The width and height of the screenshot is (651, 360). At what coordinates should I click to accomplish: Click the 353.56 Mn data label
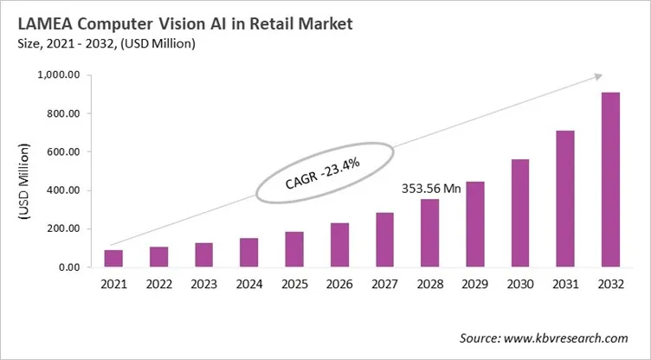coord(429,187)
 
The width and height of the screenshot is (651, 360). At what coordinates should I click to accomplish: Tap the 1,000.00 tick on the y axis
coord(59,75)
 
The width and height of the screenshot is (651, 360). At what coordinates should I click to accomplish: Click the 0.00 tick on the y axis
coord(70,267)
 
